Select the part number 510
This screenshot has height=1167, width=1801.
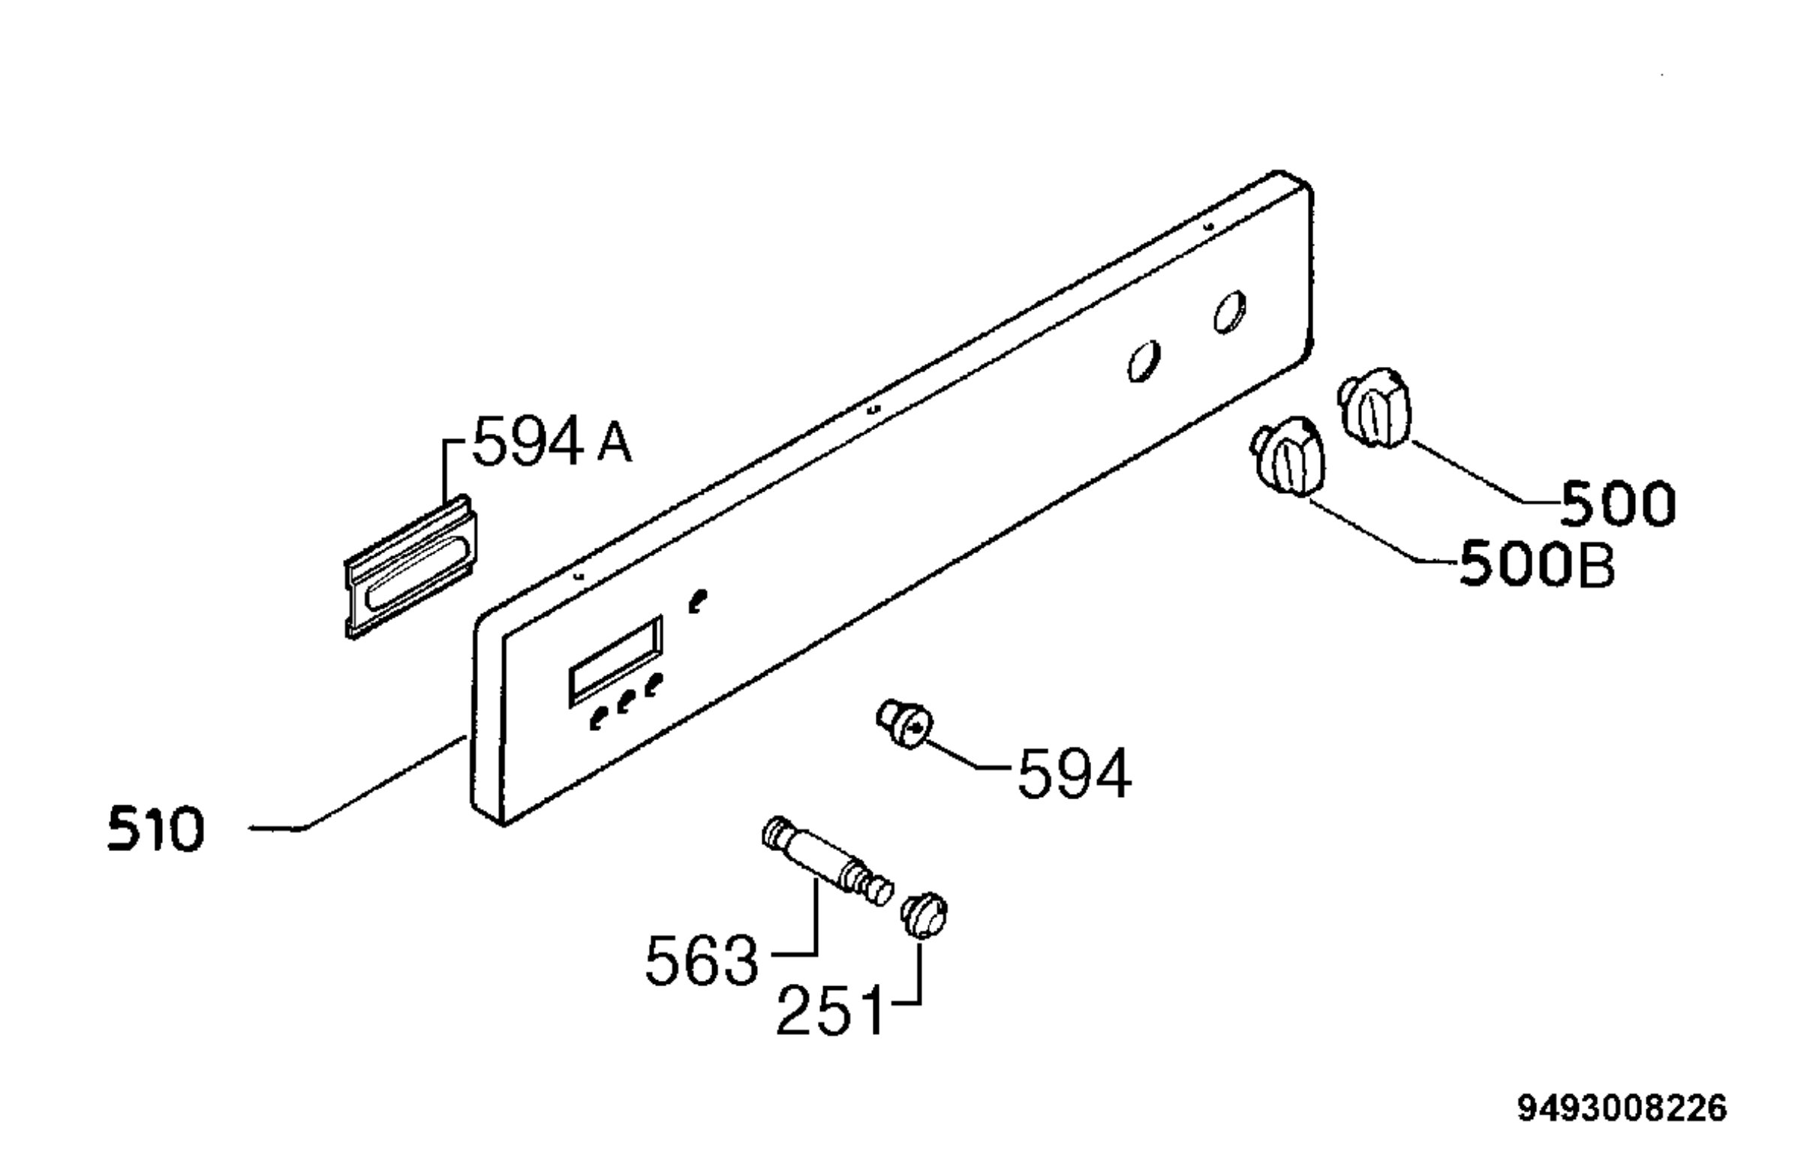pos(156,829)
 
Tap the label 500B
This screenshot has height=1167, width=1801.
pos(1536,564)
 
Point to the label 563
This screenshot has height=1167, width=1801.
pos(702,961)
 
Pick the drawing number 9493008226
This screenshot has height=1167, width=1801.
pos(1622,1109)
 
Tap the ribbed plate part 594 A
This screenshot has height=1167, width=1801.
pos(412,566)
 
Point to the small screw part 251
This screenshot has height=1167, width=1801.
pos(924,916)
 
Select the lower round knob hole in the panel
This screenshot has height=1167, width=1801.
pos(1144,361)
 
